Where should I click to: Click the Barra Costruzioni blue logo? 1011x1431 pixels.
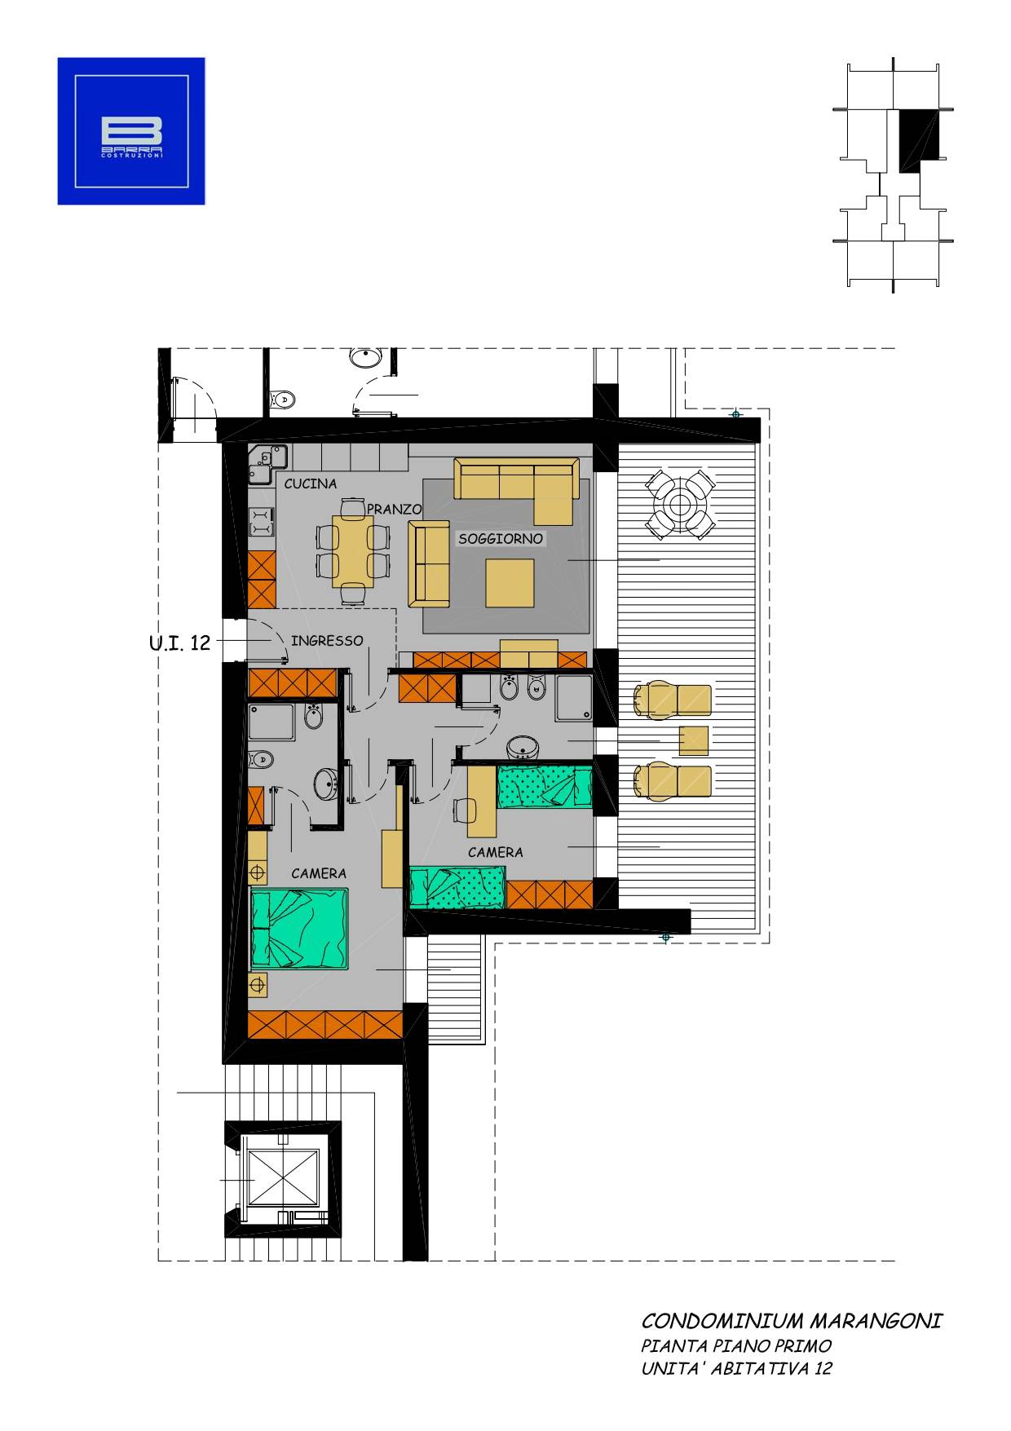pos(131,131)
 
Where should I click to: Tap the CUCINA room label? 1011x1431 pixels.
pos(311,484)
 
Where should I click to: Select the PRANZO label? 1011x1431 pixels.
pos(395,509)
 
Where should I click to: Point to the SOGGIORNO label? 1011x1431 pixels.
pos(501,539)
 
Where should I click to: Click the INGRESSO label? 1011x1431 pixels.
pos(327,641)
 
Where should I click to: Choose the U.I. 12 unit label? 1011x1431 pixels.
pos(179,643)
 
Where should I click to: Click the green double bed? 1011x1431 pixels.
pos(299,930)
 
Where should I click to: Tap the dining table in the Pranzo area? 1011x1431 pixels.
pos(353,551)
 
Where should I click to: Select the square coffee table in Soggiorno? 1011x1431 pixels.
pos(510,583)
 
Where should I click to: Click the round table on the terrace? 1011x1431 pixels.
pos(680,505)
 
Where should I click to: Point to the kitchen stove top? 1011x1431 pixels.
pos(261,522)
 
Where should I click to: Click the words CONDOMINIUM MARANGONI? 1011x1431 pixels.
pos(791,1321)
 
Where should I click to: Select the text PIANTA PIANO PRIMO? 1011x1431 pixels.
pos(736,1346)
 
